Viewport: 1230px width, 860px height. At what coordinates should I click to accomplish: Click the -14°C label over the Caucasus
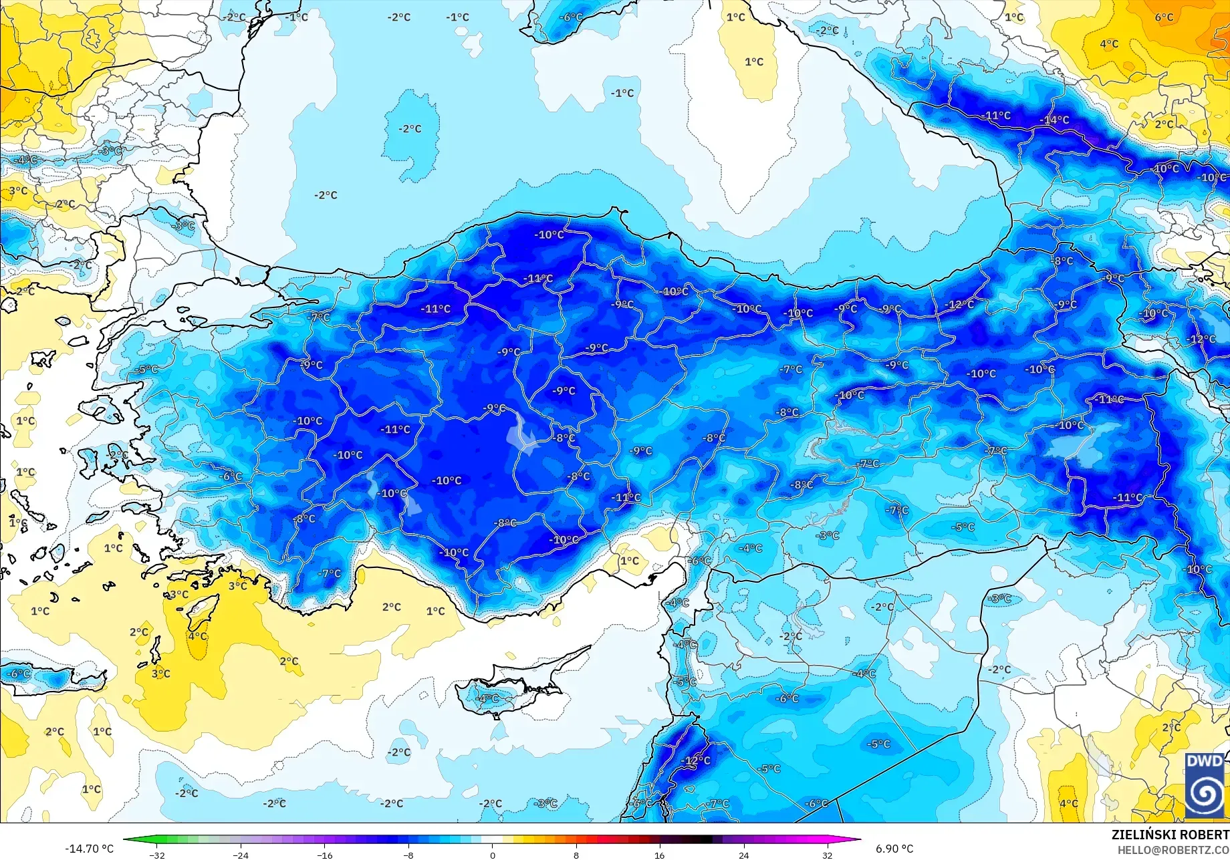[x=1055, y=120]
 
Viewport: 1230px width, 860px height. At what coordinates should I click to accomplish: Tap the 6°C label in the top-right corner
[x=1164, y=17]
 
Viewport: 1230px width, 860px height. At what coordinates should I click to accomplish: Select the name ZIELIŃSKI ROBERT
[x=1170, y=835]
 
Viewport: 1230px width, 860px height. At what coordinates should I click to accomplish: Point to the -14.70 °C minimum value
[x=89, y=849]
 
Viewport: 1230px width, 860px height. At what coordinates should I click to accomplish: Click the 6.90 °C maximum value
[x=894, y=849]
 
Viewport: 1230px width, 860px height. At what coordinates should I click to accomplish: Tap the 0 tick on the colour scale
[x=493, y=855]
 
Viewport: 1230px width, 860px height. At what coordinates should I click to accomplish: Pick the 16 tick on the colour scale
[x=660, y=855]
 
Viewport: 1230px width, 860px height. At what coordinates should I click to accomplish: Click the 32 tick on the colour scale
[x=828, y=855]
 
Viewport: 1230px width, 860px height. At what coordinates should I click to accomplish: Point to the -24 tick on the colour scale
[x=241, y=855]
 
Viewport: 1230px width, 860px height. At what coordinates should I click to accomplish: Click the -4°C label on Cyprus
[x=486, y=698]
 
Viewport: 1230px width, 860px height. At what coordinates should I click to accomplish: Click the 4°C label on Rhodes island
[x=197, y=635]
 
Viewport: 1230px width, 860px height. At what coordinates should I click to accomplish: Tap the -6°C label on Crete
[x=18, y=674]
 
